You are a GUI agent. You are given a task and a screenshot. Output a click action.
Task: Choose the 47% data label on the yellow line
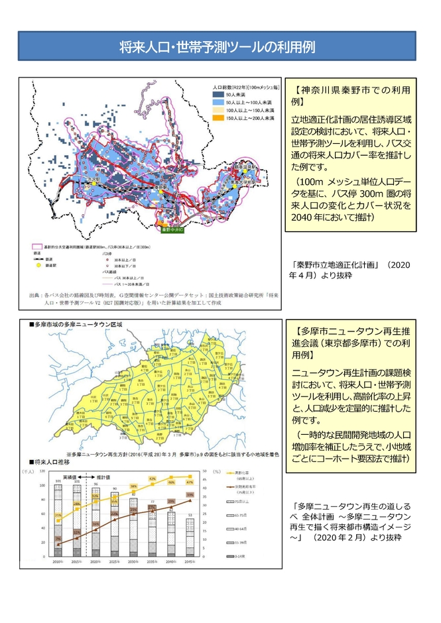click(x=190, y=482)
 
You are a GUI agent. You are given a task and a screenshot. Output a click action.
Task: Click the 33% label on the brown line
click(x=190, y=495)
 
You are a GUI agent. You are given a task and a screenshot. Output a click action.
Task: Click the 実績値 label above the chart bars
click(x=72, y=476)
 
